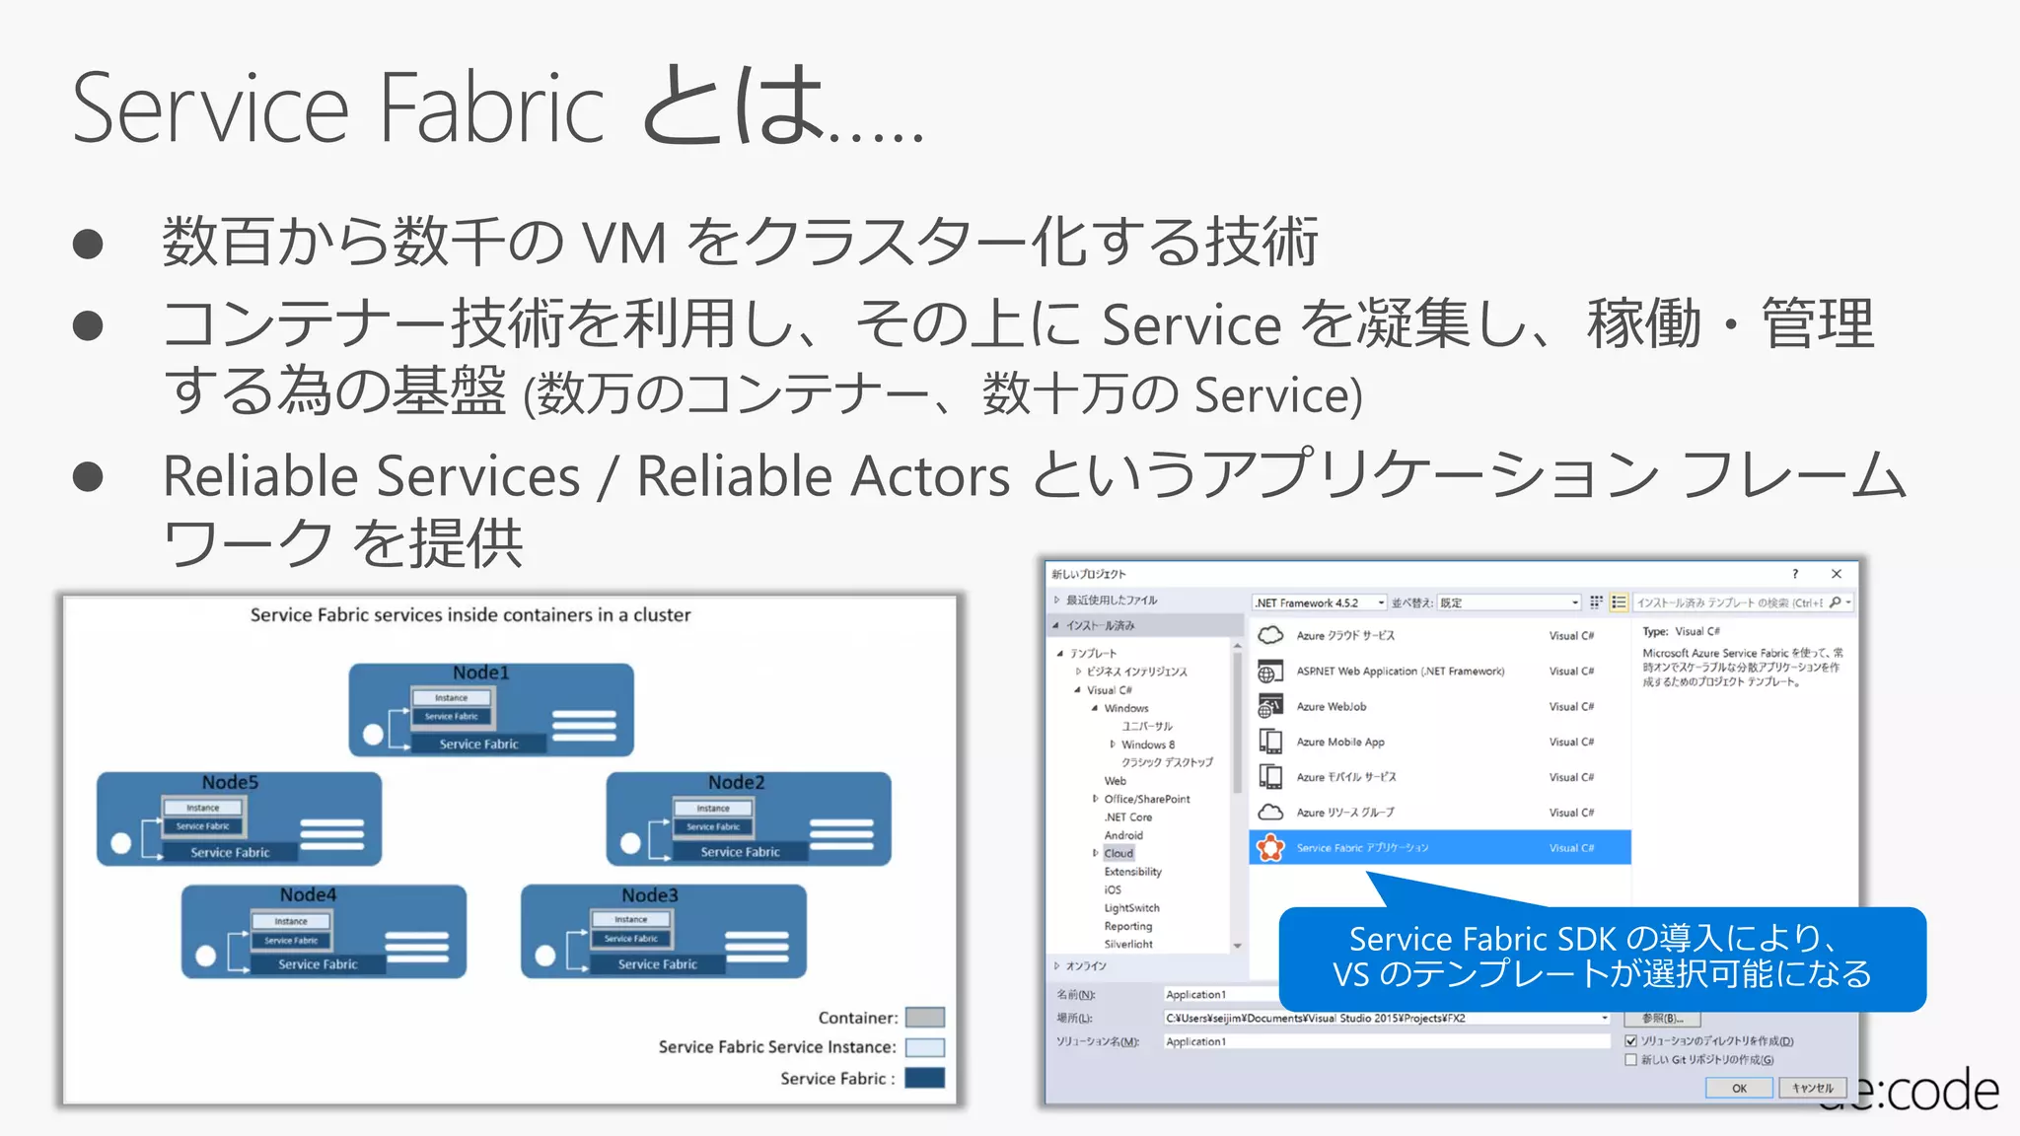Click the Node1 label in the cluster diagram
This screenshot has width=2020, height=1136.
click(480, 673)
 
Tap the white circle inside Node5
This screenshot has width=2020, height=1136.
click(121, 843)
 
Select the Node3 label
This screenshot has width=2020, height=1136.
click(649, 895)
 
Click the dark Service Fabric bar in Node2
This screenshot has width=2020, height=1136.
click(739, 852)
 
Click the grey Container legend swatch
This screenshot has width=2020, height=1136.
click(924, 1018)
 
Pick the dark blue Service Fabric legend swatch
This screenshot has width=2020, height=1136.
click(924, 1078)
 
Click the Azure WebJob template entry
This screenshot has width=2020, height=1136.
click(1331, 707)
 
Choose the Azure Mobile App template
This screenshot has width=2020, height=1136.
click(1339, 743)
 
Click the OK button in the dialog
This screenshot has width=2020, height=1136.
click(1738, 1089)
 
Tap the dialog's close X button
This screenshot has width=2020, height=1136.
click(1836, 574)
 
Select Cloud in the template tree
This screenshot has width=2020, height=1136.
click(1118, 854)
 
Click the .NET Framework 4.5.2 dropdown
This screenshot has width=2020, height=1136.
click(1319, 603)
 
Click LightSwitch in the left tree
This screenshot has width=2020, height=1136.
click(1131, 908)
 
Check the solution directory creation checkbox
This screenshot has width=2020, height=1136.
click(1630, 1040)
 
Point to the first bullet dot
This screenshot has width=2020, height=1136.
click(88, 244)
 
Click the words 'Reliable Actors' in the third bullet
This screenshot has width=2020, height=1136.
click(823, 477)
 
